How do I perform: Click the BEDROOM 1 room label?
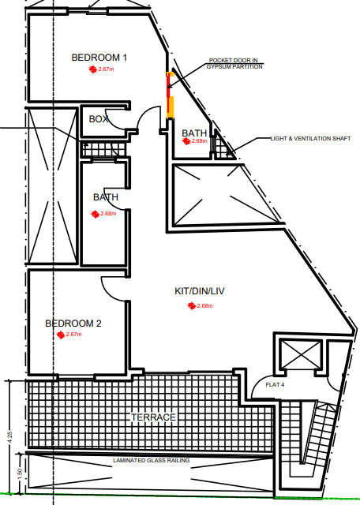[x=99, y=58]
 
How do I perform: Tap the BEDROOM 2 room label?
[x=73, y=324]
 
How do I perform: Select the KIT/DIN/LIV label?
[x=200, y=291]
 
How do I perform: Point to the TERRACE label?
[x=153, y=417]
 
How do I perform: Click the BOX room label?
[x=99, y=119]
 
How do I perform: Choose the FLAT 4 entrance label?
[x=275, y=384]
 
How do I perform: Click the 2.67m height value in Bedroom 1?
[x=106, y=69]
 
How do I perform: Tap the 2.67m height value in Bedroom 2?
[x=73, y=335]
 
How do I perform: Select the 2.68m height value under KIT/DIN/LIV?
[x=204, y=305]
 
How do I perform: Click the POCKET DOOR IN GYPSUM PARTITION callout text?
[x=234, y=63]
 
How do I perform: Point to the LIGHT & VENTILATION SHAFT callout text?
[x=310, y=139]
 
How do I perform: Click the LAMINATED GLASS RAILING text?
[x=151, y=461]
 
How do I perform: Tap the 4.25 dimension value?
[x=10, y=437]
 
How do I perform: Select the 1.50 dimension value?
[x=19, y=473]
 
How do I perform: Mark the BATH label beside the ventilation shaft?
[x=194, y=133]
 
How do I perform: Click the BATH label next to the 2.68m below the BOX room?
[x=106, y=197]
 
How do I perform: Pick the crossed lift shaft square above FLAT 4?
[x=301, y=354]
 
